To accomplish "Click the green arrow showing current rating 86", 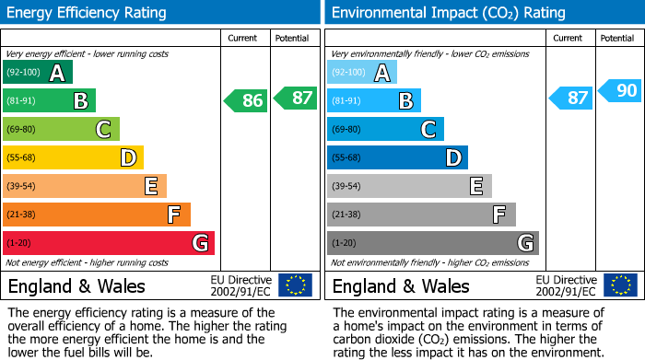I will (247, 100).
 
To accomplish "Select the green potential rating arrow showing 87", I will (295, 97).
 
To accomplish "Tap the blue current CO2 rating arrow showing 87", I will (571, 98).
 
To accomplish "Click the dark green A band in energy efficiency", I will (38, 73).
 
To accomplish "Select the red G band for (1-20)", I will (109, 243).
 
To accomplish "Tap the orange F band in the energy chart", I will (97, 215).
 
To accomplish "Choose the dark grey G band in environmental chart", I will (432, 243).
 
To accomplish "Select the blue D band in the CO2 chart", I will (397, 157).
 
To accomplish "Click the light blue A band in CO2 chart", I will (362, 73).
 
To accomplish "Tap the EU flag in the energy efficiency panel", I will (295, 285).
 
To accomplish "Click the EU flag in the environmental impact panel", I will (620, 285).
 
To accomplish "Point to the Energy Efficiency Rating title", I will (88, 13).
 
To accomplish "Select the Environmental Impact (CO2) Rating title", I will (448, 13).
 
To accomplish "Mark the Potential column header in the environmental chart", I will (617, 38).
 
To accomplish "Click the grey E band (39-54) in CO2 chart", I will (409, 186).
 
